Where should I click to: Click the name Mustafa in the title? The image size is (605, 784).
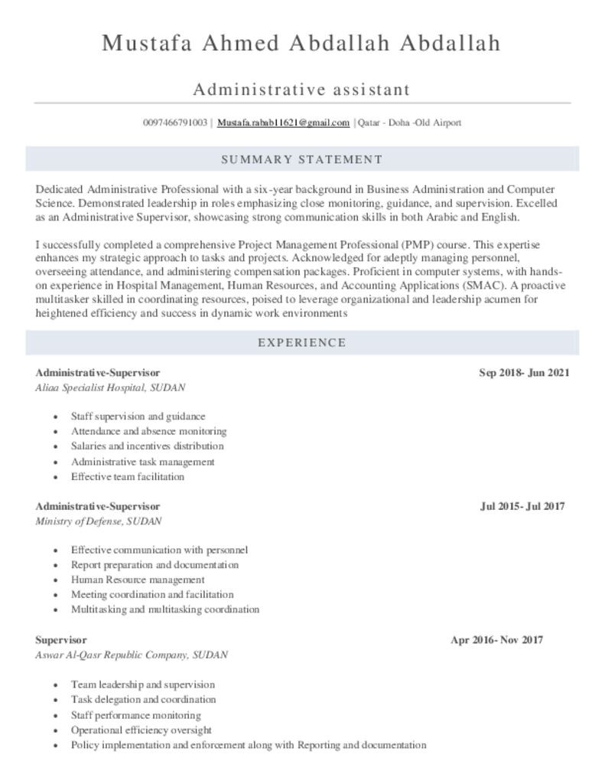(x=148, y=43)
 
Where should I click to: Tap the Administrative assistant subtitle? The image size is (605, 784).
(x=301, y=90)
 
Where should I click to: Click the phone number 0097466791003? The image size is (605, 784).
(x=175, y=122)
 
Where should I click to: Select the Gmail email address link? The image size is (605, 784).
(x=283, y=122)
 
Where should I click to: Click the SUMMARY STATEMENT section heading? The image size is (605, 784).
(x=301, y=159)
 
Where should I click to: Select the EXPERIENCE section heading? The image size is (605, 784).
(x=301, y=342)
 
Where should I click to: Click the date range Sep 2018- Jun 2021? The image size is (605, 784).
(x=524, y=373)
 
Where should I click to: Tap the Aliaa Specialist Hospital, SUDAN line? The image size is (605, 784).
(x=110, y=387)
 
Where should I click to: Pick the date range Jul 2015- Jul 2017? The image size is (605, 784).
(x=522, y=506)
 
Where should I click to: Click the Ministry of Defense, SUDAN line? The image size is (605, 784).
(x=99, y=521)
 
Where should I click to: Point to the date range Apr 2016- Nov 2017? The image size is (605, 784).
(x=496, y=639)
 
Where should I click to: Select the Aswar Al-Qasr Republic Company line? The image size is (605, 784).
(x=131, y=655)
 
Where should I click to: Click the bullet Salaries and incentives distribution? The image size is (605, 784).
(x=147, y=446)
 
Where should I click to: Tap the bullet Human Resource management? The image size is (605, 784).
(x=138, y=580)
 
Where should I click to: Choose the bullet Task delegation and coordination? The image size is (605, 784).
(x=143, y=699)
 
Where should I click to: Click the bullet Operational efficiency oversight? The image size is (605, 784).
(x=141, y=730)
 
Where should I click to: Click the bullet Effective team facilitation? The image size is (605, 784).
(x=127, y=476)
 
